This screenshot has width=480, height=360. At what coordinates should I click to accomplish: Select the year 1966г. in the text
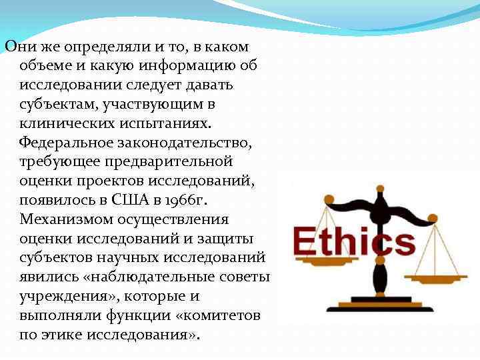tap(187, 199)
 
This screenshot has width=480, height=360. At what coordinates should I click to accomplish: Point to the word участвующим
tap(151, 105)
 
